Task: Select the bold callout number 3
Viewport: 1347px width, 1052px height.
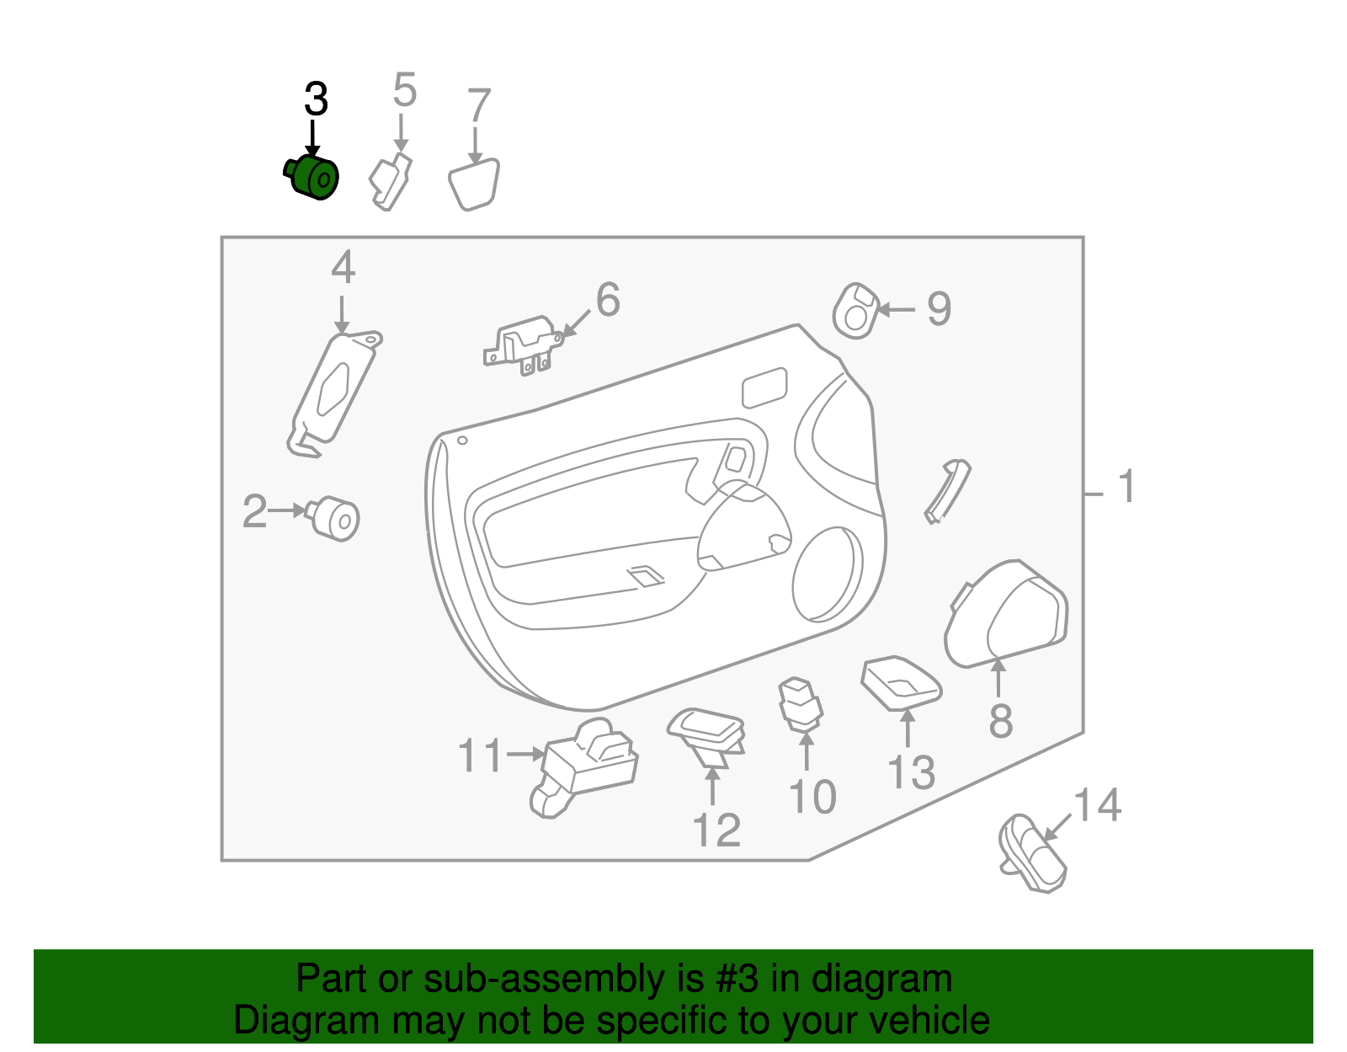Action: (316, 100)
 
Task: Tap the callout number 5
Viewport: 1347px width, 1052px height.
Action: (404, 90)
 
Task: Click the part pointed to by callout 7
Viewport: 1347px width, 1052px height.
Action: (474, 184)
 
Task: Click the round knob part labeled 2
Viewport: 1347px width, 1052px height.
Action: (336, 517)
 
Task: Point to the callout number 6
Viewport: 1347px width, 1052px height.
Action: (608, 300)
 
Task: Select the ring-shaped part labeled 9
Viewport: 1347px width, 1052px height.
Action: (855, 311)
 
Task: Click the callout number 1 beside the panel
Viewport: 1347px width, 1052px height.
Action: (1126, 488)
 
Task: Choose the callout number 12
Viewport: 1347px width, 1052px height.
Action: (716, 830)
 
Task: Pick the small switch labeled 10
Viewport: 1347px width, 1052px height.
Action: (800, 702)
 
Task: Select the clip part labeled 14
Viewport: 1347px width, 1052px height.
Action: (1032, 852)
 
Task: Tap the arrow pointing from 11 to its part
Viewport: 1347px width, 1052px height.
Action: (525, 754)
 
